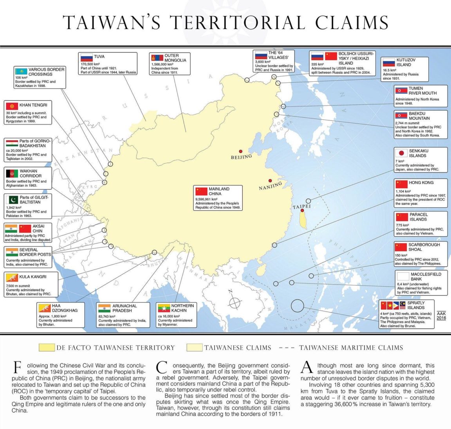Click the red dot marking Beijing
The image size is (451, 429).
pos(241,151)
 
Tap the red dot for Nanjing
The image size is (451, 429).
pos(270,181)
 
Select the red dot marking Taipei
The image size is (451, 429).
pos(302,210)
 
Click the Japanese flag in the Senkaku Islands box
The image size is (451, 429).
pos(401,153)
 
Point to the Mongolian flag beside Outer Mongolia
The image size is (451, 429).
pos(157,58)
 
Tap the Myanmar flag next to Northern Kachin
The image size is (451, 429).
pos(163,308)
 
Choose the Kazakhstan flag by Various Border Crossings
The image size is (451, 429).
pos(21,71)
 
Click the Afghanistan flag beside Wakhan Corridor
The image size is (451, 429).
pos(12,173)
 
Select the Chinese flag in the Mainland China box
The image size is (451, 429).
pos(201,191)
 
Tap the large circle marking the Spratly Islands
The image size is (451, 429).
pos(298,306)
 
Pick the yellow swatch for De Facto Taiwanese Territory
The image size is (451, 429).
pos(47,348)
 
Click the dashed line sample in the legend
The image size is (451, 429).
pos(287,348)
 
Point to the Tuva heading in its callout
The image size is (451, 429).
pos(99,57)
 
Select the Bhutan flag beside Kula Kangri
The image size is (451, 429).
pos(12,278)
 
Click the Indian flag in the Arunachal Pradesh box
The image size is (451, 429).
pos(105,308)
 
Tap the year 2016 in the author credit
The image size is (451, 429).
pos(441,318)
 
